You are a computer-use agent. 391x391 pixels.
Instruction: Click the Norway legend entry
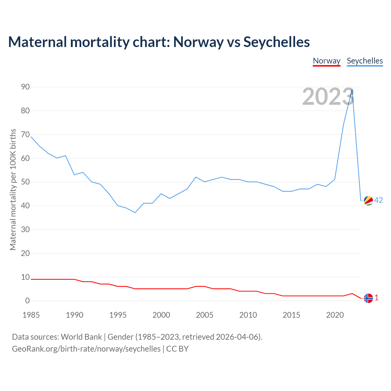327,61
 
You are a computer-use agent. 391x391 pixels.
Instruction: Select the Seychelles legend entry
365,61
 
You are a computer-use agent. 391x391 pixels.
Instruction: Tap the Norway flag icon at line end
368,298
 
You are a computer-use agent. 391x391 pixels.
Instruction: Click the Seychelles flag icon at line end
368,201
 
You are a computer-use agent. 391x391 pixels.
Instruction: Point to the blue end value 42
378,200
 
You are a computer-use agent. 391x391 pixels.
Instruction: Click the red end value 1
377,298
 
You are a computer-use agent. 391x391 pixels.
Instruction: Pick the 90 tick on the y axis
25,87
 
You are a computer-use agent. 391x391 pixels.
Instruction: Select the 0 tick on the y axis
27,301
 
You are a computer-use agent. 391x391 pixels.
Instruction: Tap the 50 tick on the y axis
25,182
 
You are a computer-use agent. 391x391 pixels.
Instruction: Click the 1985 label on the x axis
31,315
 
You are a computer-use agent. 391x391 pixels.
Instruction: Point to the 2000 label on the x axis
161,315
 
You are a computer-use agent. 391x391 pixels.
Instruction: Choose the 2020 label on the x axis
335,315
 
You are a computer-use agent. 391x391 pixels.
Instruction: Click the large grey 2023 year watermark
328,97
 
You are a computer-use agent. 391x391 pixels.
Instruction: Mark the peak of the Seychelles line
352,90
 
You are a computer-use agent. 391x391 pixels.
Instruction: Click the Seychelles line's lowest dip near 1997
135,213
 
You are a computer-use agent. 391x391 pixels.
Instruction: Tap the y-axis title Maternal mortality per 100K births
13,189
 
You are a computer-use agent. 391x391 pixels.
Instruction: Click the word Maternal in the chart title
37,42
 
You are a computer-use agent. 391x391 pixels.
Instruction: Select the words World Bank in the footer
81,337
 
